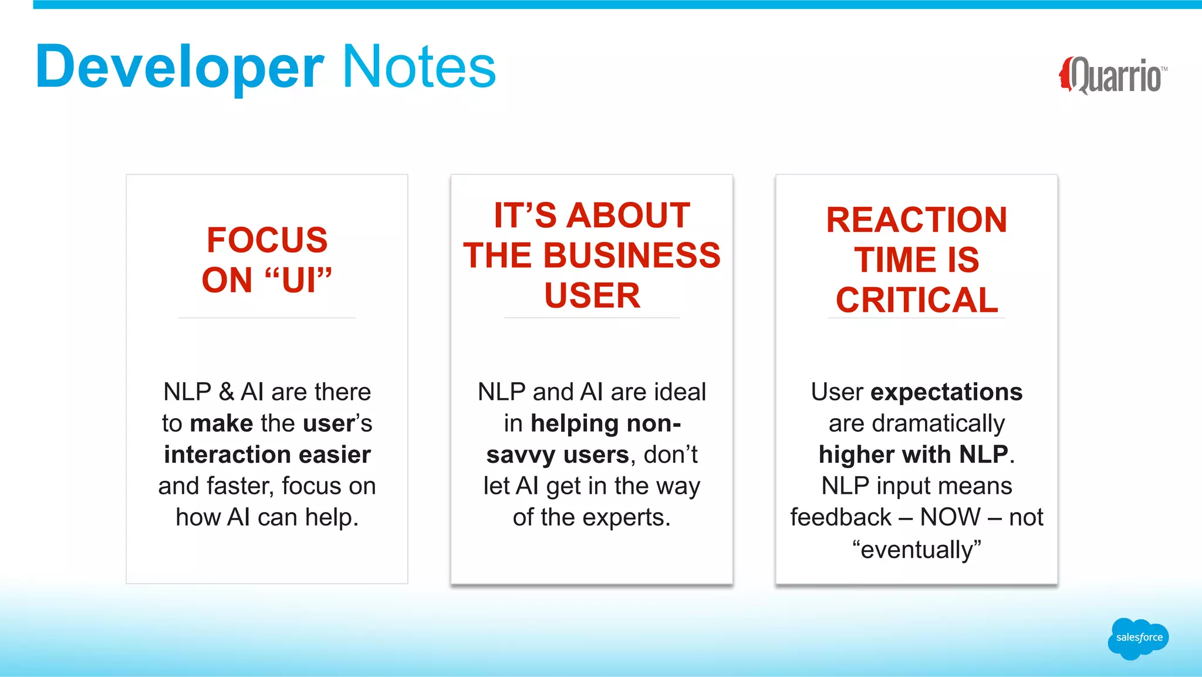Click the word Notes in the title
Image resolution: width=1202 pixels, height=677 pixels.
pyautogui.click(x=418, y=67)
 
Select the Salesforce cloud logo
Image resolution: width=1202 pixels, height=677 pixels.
pyautogui.click(x=1138, y=638)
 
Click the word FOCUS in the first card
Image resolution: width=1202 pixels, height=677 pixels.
pyautogui.click(x=267, y=240)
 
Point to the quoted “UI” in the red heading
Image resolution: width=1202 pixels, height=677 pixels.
pyautogui.click(x=298, y=279)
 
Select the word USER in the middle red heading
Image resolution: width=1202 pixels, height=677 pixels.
pyautogui.click(x=592, y=295)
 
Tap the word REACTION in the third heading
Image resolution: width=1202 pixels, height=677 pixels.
pyautogui.click(x=916, y=220)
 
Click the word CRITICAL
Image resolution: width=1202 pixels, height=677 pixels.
pyautogui.click(x=916, y=300)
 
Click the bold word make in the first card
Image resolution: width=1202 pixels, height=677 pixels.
pyautogui.click(x=221, y=423)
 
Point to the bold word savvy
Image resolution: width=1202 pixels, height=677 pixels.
pyautogui.click(x=521, y=454)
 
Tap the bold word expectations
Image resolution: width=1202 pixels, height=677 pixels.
pyautogui.click(x=946, y=392)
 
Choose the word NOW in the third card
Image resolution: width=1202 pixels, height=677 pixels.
pyautogui.click(x=950, y=517)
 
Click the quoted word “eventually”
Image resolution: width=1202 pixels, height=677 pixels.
pyautogui.click(x=916, y=550)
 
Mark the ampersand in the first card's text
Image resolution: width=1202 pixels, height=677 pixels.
pyautogui.click(x=226, y=392)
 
